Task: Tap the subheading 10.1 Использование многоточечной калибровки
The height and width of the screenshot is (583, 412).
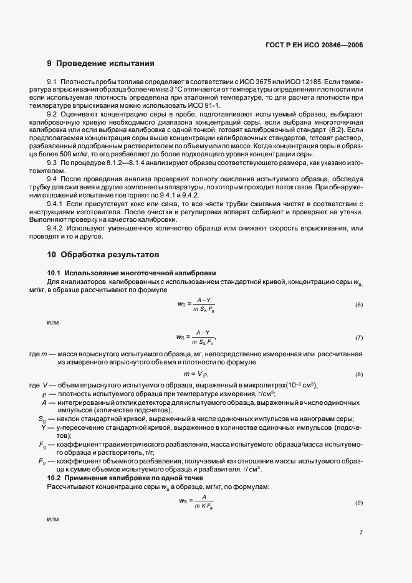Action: [132, 273]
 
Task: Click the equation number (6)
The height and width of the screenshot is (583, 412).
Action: [358, 305]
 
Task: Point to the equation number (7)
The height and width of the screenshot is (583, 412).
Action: [358, 337]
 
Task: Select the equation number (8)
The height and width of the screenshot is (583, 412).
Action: [358, 374]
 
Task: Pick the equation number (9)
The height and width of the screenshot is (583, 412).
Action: [358, 502]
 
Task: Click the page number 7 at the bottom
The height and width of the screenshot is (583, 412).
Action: [361, 550]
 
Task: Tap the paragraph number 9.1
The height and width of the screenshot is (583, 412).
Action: [52, 83]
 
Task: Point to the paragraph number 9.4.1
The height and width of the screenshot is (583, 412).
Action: [55, 204]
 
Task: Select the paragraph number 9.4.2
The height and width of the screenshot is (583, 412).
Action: [55, 229]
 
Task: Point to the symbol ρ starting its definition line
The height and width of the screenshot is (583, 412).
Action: [44, 395]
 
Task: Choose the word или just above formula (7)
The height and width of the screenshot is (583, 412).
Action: [52, 321]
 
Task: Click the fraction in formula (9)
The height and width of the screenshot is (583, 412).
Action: [203, 502]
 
